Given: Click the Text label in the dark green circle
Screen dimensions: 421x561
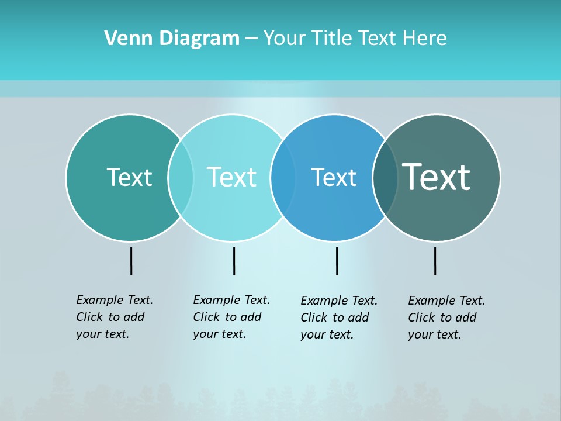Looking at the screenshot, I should point(129,177).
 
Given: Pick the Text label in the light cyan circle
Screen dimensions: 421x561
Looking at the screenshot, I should point(231,177).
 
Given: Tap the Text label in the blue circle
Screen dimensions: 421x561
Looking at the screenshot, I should point(334,177).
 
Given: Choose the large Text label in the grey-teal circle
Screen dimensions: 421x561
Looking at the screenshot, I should point(437,177).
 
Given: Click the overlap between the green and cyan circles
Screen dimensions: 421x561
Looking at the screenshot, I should point(181,177).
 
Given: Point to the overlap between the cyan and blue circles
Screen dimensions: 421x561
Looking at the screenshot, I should point(283,177).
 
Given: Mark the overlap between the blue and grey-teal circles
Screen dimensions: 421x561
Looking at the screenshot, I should point(385,177).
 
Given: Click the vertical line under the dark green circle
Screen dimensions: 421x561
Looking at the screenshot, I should point(131,261).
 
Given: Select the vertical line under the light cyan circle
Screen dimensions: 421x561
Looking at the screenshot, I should point(234,261).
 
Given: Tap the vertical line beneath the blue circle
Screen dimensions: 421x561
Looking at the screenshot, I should point(337,261).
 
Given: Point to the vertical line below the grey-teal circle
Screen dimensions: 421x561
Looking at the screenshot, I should point(435,261).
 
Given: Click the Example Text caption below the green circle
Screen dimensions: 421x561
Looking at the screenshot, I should point(115,317).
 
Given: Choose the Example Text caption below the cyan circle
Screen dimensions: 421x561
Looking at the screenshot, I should point(231,317).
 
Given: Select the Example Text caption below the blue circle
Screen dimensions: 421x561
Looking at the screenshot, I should point(339,318).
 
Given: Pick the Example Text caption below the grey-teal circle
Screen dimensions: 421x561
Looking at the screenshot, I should point(446,318).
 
